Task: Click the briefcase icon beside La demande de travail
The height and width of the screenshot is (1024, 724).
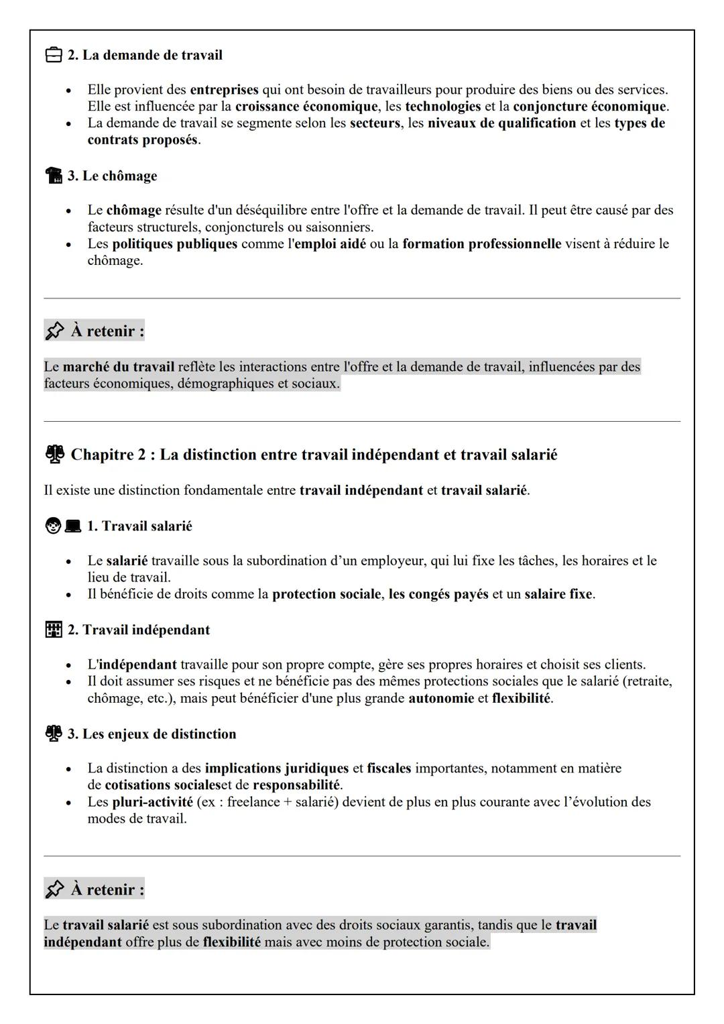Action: [x=54, y=55]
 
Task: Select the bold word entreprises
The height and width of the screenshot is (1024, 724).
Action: [x=224, y=89]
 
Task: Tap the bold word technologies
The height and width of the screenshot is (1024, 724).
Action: [x=442, y=106]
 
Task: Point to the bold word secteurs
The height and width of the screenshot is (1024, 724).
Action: [x=375, y=123]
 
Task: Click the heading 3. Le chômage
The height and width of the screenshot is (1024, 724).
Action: [x=112, y=176]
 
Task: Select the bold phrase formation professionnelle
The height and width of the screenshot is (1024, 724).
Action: [x=481, y=243]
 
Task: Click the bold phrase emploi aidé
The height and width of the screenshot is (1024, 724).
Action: [x=330, y=243]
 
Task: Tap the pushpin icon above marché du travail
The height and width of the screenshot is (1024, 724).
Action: [x=54, y=331]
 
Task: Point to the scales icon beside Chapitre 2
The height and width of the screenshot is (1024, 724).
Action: [x=54, y=455]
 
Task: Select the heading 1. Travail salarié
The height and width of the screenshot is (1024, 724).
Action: [x=139, y=526]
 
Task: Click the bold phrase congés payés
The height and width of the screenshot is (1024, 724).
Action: [x=438, y=594]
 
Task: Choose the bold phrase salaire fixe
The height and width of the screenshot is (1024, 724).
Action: [x=558, y=594]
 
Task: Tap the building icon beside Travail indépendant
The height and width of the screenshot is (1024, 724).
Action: [x=54, y=630]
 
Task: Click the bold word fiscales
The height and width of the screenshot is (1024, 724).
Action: [x=389, y=768]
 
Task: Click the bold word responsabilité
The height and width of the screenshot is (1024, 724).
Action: [x=296, y=785]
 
